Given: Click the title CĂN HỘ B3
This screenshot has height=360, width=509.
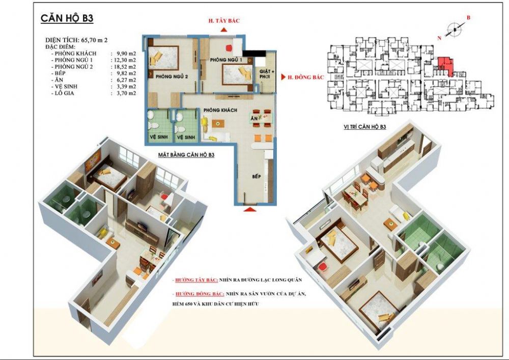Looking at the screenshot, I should (x=67, y=19).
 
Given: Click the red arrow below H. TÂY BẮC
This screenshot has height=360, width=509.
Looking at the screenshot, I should (x=224, y=30).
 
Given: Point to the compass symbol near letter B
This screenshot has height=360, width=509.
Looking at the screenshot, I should (x=453, y=31).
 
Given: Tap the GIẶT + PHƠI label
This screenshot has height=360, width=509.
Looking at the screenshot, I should (x=266, y=74).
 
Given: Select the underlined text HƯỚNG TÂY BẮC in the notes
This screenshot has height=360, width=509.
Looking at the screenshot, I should (x=196, y=280).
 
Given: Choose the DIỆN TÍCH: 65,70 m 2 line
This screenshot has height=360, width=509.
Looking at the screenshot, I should (x=75, y=39).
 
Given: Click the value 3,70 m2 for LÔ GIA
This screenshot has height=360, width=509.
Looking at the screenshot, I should (x=122, y=94).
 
